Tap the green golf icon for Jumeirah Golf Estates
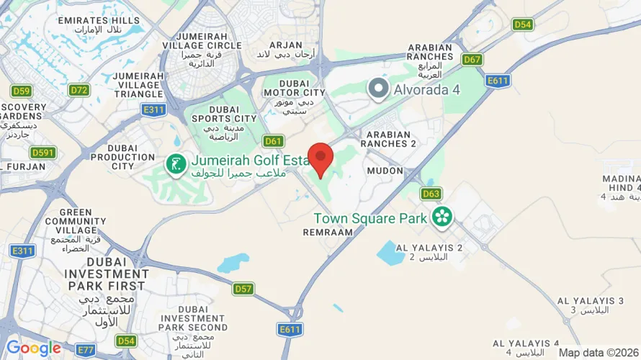coord(176,165)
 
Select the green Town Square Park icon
coord(441,216)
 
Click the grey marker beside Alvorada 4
coord(378,90)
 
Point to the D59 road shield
coord(22,91)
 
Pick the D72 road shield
coord(79,91)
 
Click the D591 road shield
coord(43,153)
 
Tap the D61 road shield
coord(274,141)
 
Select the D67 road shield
coord(472,60)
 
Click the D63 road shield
coord(431,194)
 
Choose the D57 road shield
coord(243,289)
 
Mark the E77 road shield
coord(86,350)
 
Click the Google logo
coord(33,348)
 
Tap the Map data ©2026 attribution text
coord(599,353)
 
